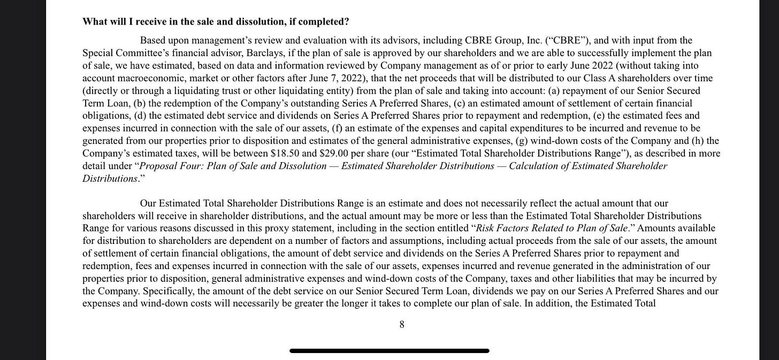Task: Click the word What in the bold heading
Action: click(94, 21)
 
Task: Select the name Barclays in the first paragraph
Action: click(264, 53)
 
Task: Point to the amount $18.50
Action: click(284, 154)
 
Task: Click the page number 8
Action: click(402, 325)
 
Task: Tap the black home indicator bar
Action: click(389, 351)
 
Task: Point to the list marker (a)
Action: click(553, 91)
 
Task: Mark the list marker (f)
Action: click(337, 128)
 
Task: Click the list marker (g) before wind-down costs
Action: click(521, 141)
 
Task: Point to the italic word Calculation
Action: click(532, 166)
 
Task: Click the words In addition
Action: click(547, 304)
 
